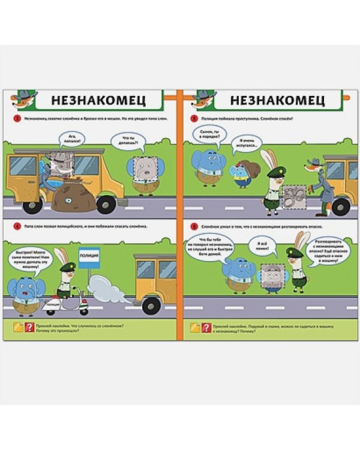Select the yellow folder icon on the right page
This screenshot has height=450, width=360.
pos(194,327)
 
